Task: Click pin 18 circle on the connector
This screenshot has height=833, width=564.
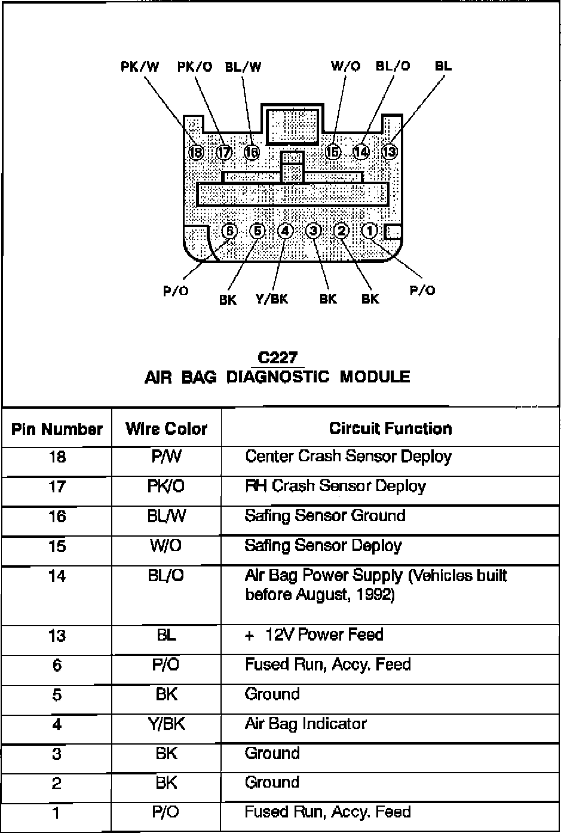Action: pyautogui.click(x=196, y=152)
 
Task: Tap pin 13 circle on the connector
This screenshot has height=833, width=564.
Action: pyautogui.click(x=390, y=151)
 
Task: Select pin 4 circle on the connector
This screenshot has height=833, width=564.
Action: pyautogui.click(x=286, y=231)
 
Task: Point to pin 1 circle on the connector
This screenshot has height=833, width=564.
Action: pyautogui.click(x=370, y=231)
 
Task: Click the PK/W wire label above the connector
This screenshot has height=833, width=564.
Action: pyautogui.click(x=140, y=66)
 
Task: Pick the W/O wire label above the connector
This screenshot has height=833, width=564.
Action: pyautogui.click(x=346, y=66)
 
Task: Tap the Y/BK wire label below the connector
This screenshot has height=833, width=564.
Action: pyautogui.click(x=272, y=298)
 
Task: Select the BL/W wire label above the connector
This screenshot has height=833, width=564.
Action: pyautogui.click(x=243, y=66)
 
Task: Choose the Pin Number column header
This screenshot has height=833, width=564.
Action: pyautogui.click(x=57, y=429)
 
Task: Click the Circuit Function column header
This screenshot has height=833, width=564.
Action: pyautogui.click(x=390, y=428)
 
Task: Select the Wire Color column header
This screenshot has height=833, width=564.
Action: pyautogui.click(x=166, y=429)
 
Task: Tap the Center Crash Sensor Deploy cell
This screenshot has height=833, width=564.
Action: pyautogui.click(x=348, y=457)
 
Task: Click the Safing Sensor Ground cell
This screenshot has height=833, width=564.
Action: pyautogui.click(x=325, y=516)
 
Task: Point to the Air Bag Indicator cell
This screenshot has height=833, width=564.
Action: pyautogui.click(x=305, y=724)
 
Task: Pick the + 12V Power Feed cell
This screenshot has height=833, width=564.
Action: pyautogui.click(x=314, y=635)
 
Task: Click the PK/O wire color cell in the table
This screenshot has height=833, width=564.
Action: pyautogui.click(x=166, y=487)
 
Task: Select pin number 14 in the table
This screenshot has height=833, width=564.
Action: pyautogui.click(x=57, y=577)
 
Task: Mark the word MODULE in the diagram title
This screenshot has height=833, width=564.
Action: pyautogui.click(x=375, y=377)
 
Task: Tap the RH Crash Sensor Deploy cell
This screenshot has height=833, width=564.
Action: pyautogui.click(x=335, y=486)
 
